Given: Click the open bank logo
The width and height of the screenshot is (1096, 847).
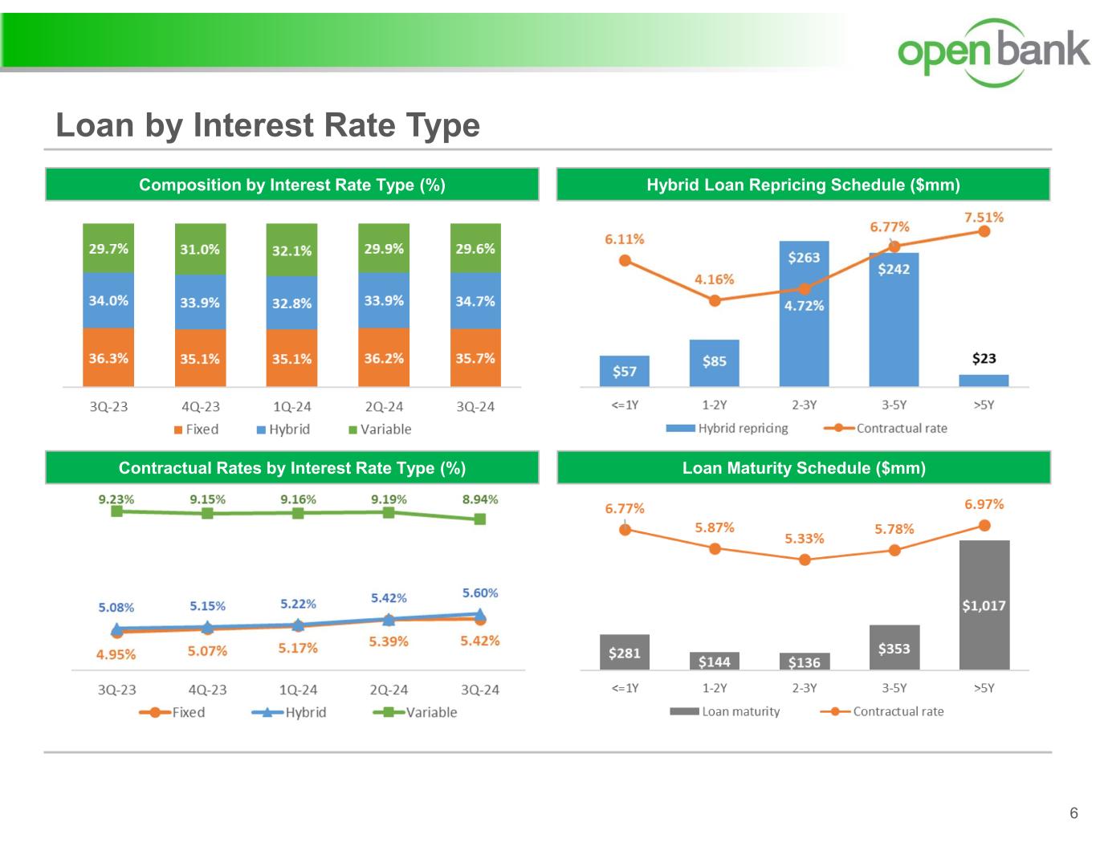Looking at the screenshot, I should [x=993, y=51].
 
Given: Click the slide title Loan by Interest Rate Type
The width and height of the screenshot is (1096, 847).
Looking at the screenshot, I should [x=267, y=125].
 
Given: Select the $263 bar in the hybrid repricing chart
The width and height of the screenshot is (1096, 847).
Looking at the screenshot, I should [x=804, y=313].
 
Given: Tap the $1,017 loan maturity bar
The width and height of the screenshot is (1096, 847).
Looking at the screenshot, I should [x=984, y=605].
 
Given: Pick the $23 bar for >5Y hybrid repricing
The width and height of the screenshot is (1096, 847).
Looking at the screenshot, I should [x=984, y=381].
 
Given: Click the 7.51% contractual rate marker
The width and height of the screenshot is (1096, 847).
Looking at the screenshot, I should [x=984, y=231].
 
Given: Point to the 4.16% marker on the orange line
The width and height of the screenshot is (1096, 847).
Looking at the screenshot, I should [x=715, y=300].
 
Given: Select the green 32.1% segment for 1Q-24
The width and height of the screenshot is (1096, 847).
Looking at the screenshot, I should [x=291, y=250].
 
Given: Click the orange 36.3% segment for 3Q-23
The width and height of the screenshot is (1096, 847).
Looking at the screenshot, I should [x=108, y=357].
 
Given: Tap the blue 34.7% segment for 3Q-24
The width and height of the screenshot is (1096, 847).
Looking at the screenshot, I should [x=475, y=301].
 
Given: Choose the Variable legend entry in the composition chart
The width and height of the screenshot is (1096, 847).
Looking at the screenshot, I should [x=380, y=430].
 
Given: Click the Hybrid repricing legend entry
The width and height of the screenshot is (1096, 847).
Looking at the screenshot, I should [x=727, y=428].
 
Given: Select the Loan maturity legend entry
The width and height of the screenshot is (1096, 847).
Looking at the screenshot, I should [x=725, y=711].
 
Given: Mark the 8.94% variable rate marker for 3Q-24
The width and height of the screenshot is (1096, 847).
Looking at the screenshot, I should [x=480, y=519].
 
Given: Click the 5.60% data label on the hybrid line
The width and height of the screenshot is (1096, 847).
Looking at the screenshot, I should [x=480, y=592].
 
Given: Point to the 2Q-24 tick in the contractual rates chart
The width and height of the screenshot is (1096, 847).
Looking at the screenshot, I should [x=389, y=690].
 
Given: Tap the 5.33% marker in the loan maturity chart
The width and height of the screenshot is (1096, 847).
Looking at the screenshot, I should [x=805, y=560].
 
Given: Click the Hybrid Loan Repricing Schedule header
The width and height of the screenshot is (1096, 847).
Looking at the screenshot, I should [x=803, y=185].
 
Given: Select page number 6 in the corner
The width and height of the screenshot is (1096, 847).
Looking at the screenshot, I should [x=1074, y=813].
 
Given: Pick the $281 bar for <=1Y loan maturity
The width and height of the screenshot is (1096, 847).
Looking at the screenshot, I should [x=625, y=652].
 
